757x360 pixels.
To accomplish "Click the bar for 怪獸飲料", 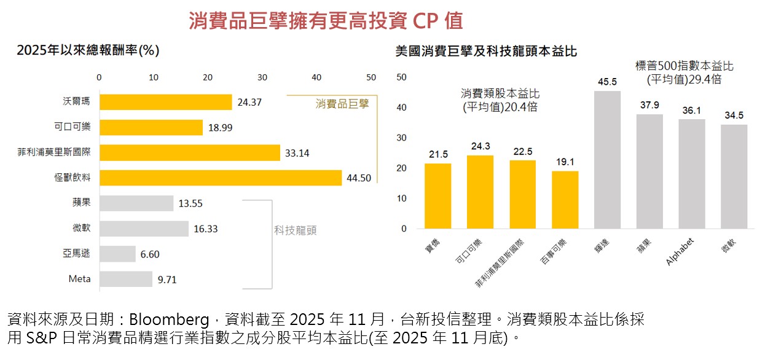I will point(220,178).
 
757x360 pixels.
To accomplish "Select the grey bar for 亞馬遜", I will point(117,254).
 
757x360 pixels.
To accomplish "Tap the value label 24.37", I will point(249,102).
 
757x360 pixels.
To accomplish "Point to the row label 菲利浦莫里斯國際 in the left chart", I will point(54,152).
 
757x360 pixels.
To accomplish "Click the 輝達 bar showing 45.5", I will point(607,160).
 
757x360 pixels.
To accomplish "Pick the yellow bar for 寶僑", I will point(437,196).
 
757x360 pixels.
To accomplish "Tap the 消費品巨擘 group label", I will point(342,104).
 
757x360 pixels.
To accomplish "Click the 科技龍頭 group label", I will point(296,230).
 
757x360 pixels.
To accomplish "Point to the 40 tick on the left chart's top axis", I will point(316,77).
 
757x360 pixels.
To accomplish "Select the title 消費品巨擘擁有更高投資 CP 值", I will point(326,21).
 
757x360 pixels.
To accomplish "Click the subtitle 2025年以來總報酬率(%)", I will point(88,50).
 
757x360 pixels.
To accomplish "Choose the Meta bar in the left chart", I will point(125,279).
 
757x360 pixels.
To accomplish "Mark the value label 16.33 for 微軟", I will point(205,229).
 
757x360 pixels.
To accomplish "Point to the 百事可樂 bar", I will point(565,200).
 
